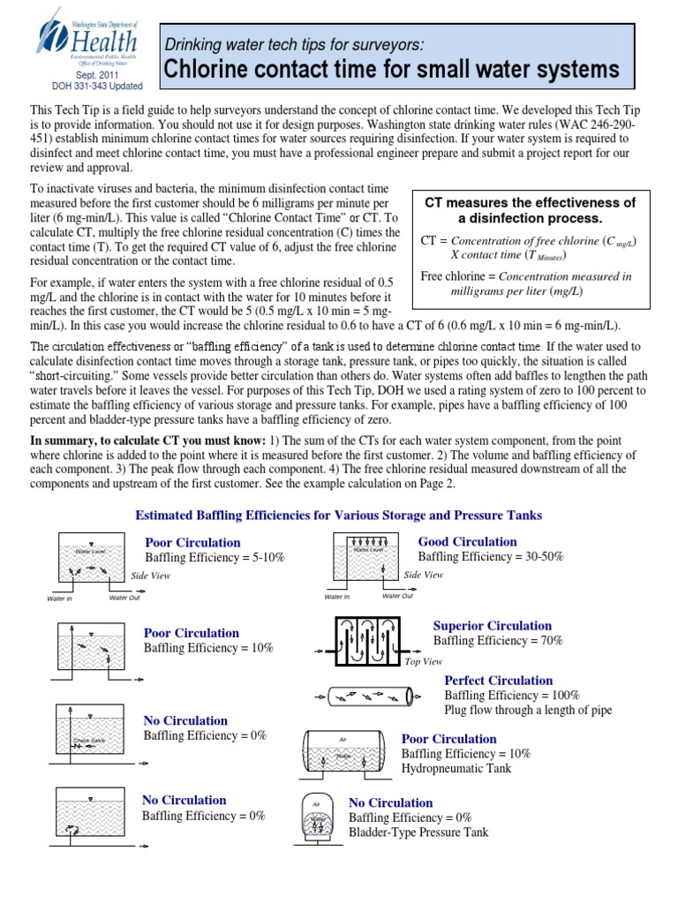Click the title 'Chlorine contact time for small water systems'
click(388, 69)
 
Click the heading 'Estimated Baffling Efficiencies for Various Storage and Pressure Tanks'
click(337, 515)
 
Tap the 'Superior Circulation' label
click(492, 626)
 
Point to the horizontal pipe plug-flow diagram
click(370, 696)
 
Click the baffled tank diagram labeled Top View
click(367, 638)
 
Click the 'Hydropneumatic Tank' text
click(456, 769)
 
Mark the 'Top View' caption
click(423, 660)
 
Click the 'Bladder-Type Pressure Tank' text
click(418, 832)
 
